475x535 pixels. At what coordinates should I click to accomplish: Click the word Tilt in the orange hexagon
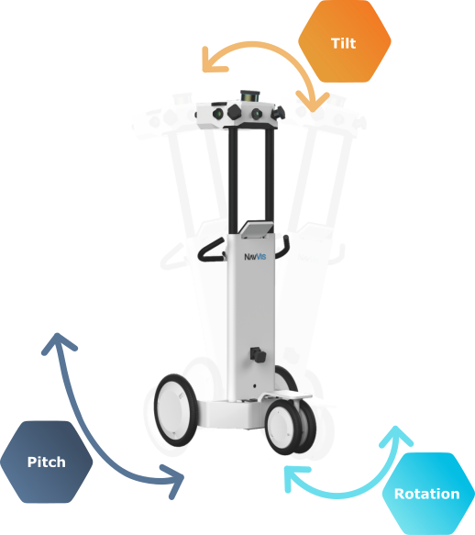[x=343, y=43]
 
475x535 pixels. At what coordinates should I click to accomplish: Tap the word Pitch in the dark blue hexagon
[x=47, y=462]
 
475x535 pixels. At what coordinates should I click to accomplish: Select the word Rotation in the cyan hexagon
[x=426, y=494]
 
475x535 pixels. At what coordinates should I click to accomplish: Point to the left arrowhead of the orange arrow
[x=212, y=62]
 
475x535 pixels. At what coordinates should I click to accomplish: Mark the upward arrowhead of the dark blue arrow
[x=58, y=342]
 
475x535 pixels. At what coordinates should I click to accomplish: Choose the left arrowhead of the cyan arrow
[x=293, y=478]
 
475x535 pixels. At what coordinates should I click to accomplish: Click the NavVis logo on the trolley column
[x=255, y=257]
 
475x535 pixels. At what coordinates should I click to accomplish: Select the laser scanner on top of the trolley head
[x=250, y=95]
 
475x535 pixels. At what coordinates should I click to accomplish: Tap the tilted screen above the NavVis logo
[x=257, y=228]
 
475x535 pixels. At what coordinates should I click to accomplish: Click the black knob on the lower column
[x=258, y=355]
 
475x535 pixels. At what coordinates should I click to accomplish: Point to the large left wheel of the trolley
[x=176, y=410]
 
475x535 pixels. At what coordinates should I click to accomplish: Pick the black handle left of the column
[x=211, y=251]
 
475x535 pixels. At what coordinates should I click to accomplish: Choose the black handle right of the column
[x=282, y=247]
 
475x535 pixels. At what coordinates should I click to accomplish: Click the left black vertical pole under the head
[x=233, y=179]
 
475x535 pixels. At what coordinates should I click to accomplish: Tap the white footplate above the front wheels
[x=285, y=396]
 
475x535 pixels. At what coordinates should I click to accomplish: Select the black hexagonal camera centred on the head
[x=235, y=112]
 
